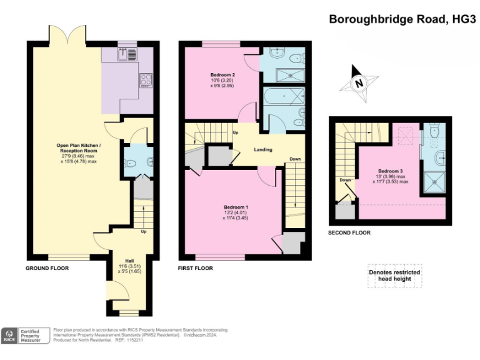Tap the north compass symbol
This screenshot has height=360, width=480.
click(x=358, y=82)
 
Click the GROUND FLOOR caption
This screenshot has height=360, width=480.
click(x=47, y=268)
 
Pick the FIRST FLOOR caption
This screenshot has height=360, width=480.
click(x=195, y=268)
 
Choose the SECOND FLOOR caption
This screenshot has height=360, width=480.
click(x=349, y=232)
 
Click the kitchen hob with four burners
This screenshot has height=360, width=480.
click(x=146, y=79)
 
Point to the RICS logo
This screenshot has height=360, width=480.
click(x=10, y=335)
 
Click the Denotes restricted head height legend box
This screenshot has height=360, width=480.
click(x=394, y=277)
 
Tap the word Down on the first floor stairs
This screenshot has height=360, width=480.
click(x=294, y=159)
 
